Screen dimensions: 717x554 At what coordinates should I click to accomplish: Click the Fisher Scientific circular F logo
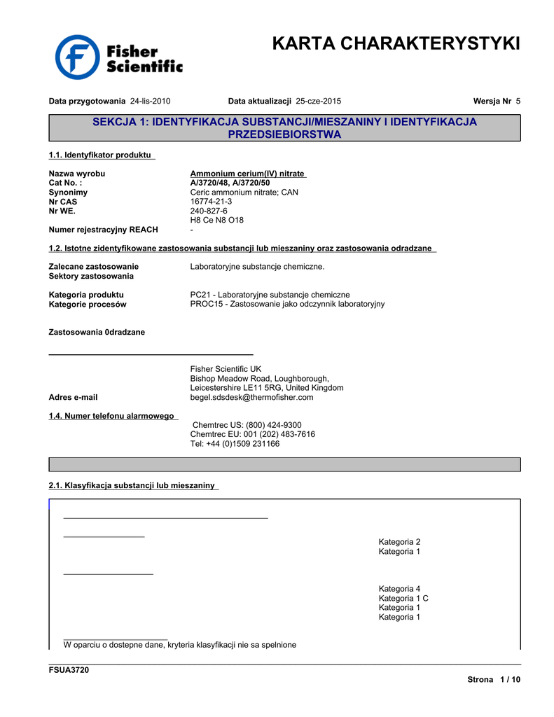click(78, 57)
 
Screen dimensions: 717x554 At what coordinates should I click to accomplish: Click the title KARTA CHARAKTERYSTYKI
click(396, 43)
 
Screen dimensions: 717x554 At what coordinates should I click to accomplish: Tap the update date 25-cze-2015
click(319, 101)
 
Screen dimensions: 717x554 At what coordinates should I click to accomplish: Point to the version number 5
click(518, 101)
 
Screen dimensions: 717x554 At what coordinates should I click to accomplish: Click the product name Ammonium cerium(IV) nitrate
click(247, 174)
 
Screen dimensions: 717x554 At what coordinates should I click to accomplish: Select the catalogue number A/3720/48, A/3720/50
click(230, 183)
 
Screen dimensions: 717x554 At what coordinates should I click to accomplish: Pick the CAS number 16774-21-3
click(211, 202)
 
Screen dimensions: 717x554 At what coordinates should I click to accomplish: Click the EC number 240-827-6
click(209, 211)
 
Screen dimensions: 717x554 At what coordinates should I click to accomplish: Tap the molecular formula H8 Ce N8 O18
click(217, 220)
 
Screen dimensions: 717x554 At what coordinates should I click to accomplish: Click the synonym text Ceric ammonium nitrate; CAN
click(244, 192)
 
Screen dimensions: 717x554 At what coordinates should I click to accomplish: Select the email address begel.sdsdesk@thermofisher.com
click(251, 397)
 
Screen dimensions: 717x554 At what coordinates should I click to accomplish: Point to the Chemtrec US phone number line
click(247, 425)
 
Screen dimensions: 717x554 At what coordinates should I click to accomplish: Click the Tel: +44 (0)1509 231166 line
click(235, 443)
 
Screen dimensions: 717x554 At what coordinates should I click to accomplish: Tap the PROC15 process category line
click(287, 304)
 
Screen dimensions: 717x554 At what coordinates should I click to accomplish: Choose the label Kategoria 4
click(399, 589)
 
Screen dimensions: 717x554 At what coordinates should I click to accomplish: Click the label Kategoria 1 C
click(403, 599)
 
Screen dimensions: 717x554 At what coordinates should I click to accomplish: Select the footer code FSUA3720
click(69, 670)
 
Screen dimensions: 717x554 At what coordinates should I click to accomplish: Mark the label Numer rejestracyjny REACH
click(103, 230)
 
